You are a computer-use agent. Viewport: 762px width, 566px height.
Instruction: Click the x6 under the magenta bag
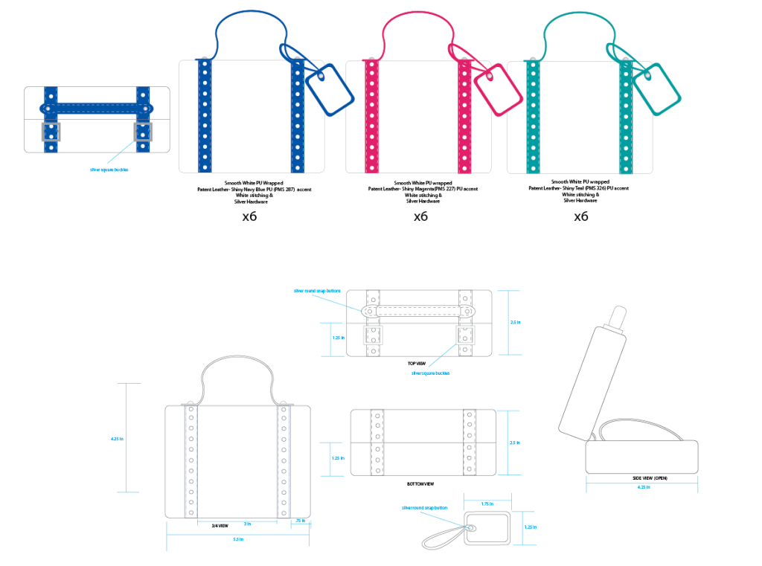[x=420, y=216]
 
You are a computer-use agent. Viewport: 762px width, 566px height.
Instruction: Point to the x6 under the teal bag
[x=581, y=216]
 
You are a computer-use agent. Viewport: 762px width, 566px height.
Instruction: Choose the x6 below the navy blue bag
[x=250, y=216]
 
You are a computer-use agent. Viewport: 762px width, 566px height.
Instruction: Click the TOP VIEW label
[x=416, y=363]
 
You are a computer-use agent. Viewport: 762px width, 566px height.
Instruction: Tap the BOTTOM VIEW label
[x=420, y=484]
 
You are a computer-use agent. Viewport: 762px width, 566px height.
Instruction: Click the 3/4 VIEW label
[x=220, y=526]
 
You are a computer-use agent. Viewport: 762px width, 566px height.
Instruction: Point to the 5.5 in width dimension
[x=238, y=538]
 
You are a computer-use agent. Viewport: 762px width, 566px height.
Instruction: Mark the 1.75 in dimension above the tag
[x=486, y=503]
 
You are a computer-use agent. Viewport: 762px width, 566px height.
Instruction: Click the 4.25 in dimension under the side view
[x=643, y=487]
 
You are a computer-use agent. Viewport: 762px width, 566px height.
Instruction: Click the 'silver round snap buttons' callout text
[x=317, y=291]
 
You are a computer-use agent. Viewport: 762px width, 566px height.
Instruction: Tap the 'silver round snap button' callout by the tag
[x=424, y=507]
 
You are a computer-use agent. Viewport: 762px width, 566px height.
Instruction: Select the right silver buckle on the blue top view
[x=142, y=132]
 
